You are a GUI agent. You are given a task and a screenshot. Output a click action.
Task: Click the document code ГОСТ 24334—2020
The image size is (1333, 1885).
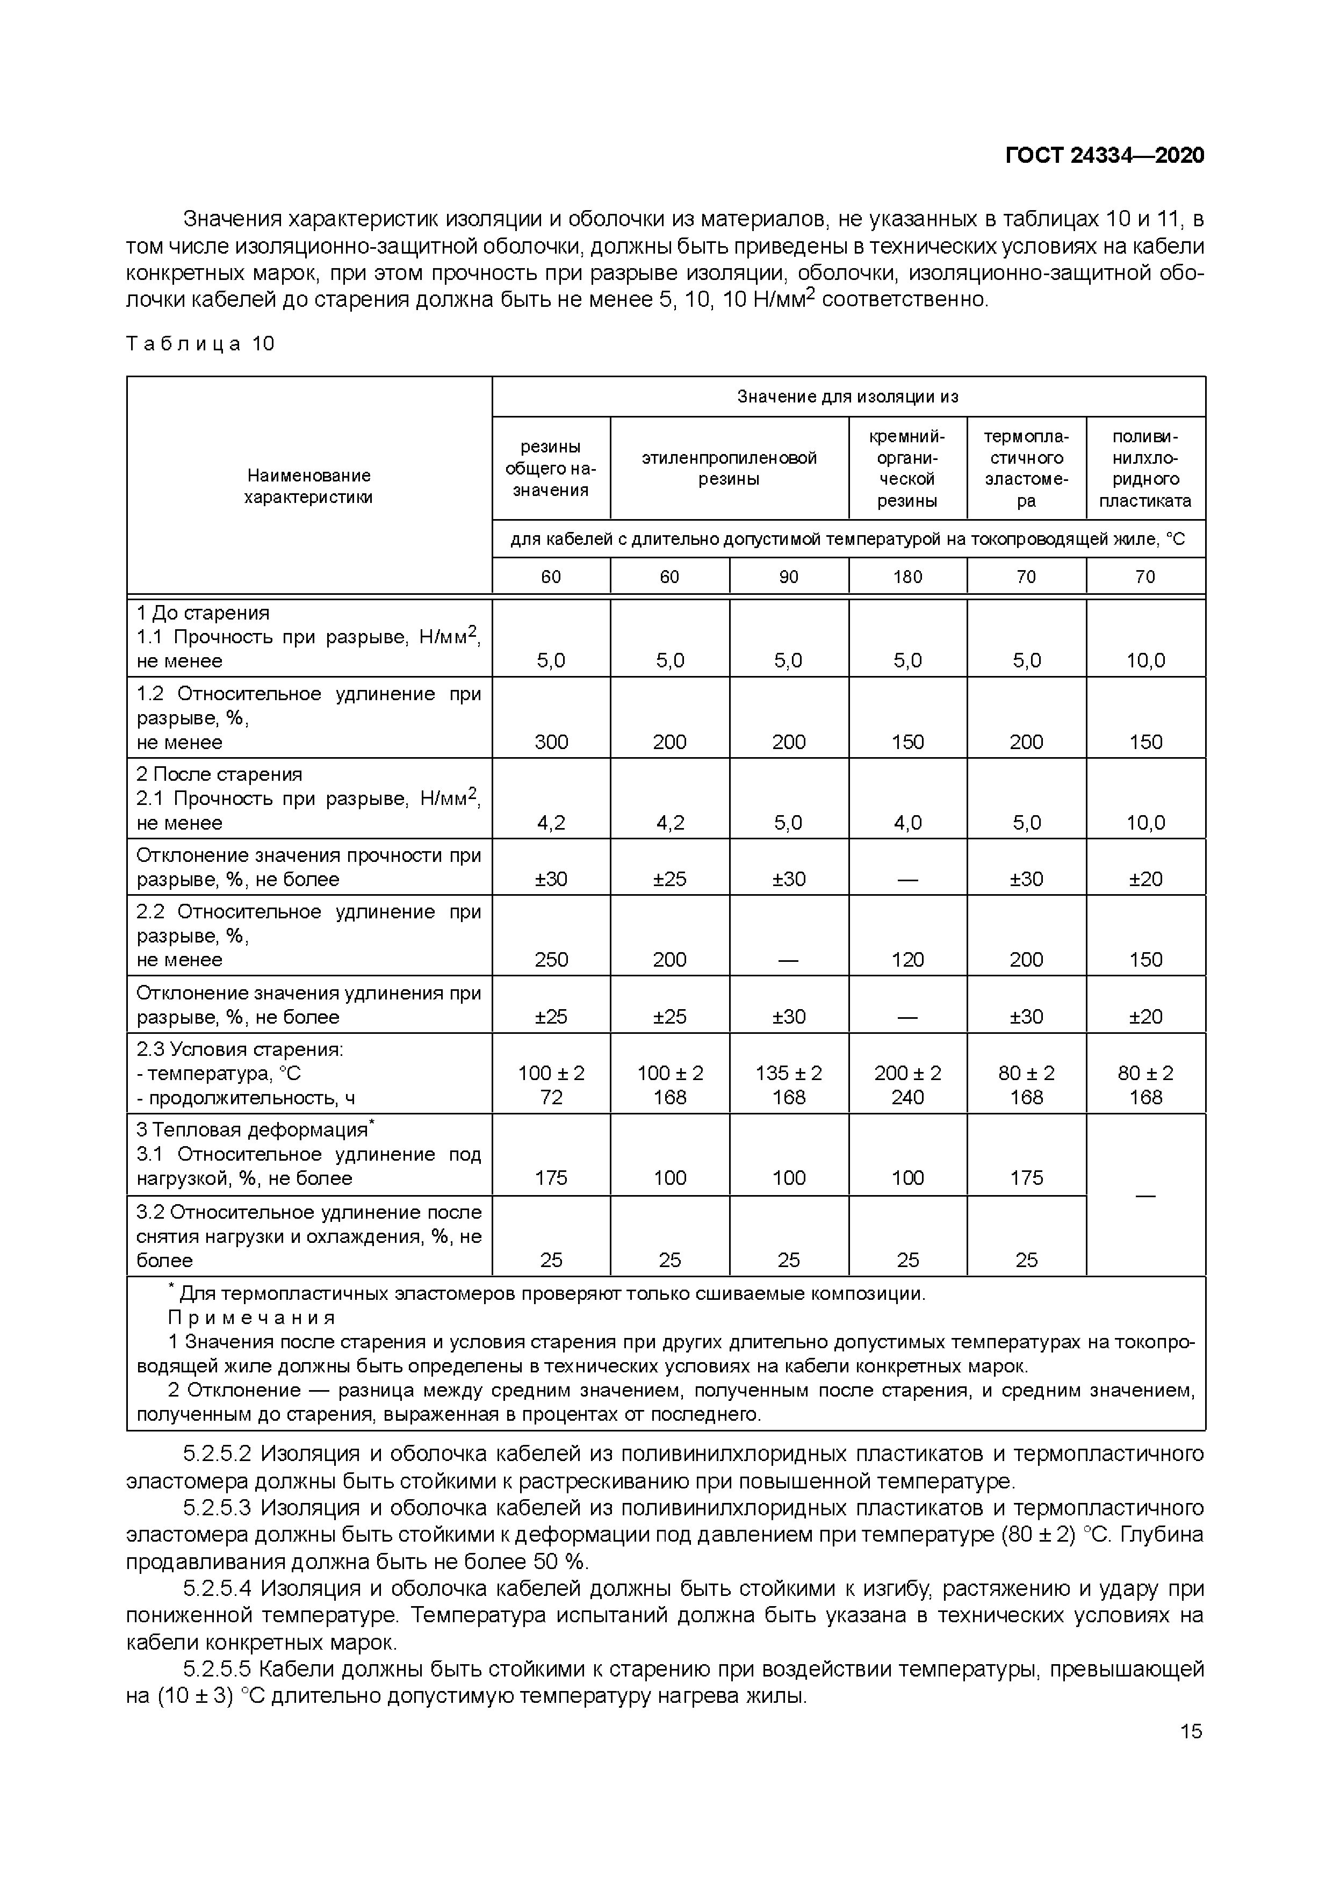1104,155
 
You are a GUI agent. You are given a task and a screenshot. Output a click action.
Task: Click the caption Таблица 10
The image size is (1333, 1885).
200,344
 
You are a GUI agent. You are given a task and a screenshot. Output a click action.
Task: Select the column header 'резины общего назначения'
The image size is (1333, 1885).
551,468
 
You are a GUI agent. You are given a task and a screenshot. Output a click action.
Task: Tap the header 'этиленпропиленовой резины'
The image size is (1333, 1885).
729,468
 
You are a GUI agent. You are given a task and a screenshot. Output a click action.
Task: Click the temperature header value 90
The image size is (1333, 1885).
788,577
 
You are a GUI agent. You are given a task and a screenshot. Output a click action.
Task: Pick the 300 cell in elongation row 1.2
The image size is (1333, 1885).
551,742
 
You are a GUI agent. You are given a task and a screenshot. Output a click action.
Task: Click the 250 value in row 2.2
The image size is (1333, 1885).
551,960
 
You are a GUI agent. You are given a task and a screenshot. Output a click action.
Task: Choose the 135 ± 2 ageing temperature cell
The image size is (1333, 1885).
788,1073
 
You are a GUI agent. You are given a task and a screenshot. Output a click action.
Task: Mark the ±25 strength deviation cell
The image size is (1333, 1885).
670,879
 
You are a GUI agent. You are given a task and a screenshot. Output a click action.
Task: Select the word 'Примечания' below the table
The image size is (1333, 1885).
252,1318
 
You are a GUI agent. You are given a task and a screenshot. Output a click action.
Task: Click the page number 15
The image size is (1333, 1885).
1190,1731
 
